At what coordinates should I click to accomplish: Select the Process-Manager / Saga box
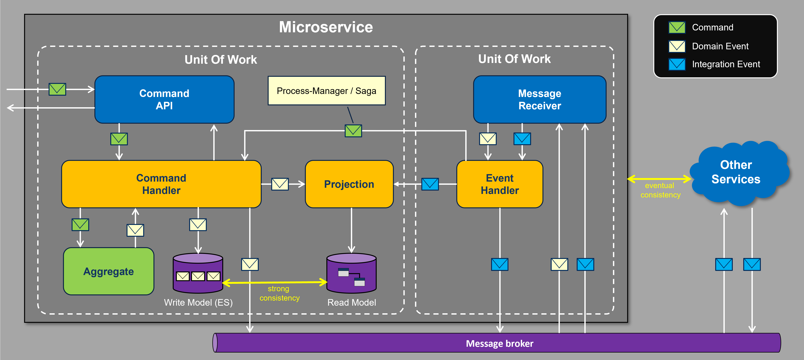pyautogui.click(x=326, y=91)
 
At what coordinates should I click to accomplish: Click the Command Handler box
pyautogui.click(x=161, y=184)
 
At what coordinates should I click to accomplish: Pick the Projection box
pyautogui.click(x=349, y=184)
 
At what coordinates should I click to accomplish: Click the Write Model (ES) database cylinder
pyautogui.click(x=198, y=273)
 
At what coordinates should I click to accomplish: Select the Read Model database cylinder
pyautogui.click(x=351, y=273)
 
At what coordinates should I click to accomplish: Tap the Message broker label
pyautogui.click(x=499, y=343)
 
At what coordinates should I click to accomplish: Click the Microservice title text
pyautogui.click(x=326, y=27)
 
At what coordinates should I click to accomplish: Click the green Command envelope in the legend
pyautogui.click(x=677, y=27)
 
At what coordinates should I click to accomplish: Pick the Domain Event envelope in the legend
pyautogui.click(x=677, y=46)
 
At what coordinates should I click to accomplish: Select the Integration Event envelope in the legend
pyautogui.click(x=677, y=64)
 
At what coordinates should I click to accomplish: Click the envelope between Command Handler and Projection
pyautogui.click(x=280, y=184)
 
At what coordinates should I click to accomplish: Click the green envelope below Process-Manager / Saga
pyautogui.click(x=353, y=131)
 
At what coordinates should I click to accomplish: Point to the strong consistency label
pyautogui.click(x=279, y=293)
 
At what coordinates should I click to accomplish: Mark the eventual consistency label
pyautogui.click(x=660, y=190)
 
